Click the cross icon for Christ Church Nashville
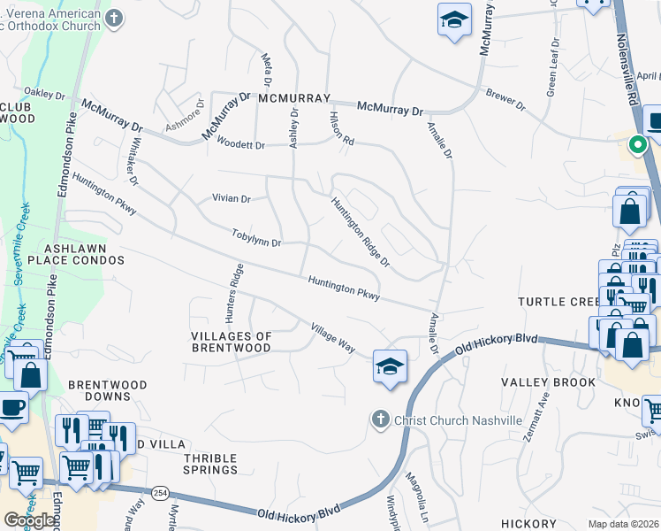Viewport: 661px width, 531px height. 380,419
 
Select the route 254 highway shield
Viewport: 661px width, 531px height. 160,491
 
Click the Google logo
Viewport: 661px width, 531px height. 30,520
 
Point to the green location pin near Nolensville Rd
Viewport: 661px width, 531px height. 636,144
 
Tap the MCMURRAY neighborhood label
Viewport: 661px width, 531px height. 294,98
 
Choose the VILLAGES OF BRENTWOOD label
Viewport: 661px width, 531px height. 232,342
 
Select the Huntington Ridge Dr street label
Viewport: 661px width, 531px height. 361,231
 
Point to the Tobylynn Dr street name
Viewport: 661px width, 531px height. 256,238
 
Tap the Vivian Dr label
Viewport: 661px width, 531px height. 232,198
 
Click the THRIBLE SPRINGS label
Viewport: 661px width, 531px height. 210,464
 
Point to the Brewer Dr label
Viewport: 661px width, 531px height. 505,99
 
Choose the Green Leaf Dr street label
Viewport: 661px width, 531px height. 553,66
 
